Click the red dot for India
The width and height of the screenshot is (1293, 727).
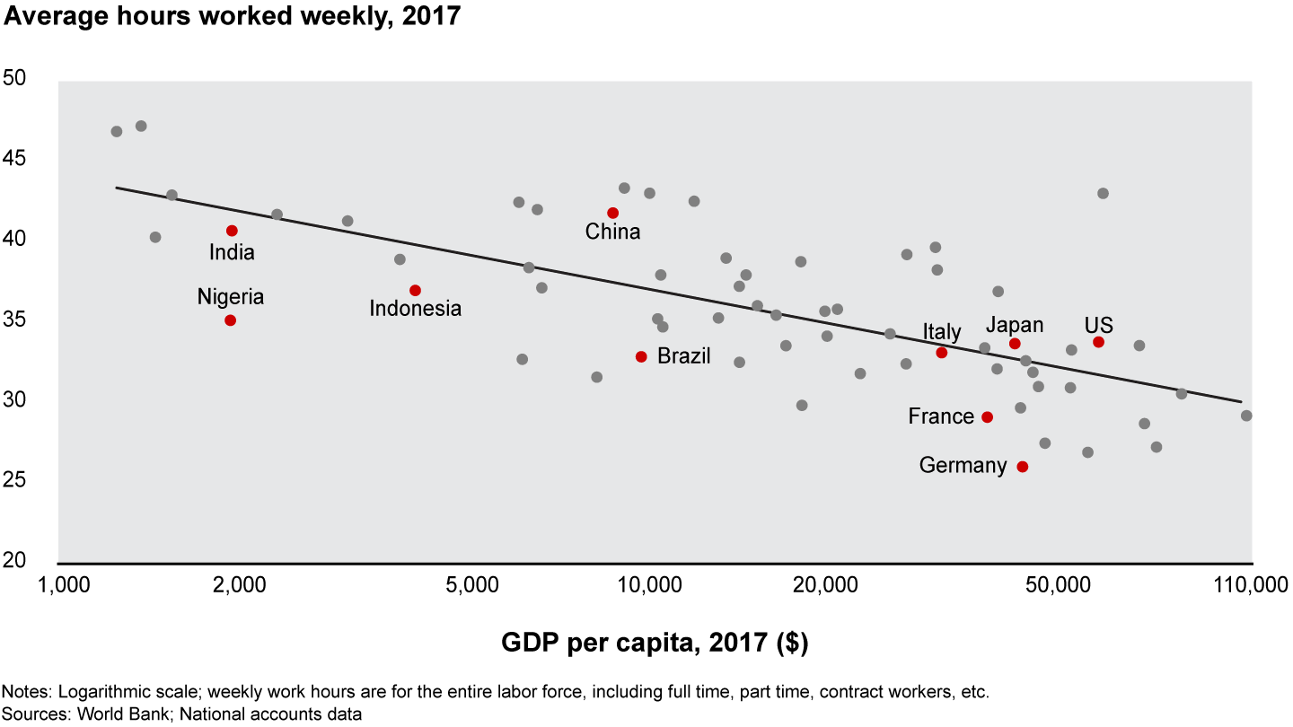tap(232, 231)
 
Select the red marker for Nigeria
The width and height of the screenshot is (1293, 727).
tap(230, 320)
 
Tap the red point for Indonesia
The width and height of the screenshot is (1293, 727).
tap(415, 290)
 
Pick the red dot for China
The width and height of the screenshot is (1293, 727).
tap(612, 213)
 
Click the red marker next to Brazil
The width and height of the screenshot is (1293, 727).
tap(641, 356)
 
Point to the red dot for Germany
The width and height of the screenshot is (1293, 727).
tap(1022, 467)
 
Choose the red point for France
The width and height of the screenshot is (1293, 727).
tap(987, 417)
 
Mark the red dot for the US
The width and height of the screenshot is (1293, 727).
tap(1098, 342)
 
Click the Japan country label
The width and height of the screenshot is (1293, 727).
tap(1015, 325)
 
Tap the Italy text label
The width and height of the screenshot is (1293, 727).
tap(942, 333)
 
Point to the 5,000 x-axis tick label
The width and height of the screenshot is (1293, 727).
tap(472, 586)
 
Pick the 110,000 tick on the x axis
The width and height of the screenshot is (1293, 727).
tap(1251, 586)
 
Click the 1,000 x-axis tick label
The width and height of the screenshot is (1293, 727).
tap(60, 586)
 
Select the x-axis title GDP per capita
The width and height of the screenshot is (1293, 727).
tap(655, 643)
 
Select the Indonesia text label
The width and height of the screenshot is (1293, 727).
tap(416, 309)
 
